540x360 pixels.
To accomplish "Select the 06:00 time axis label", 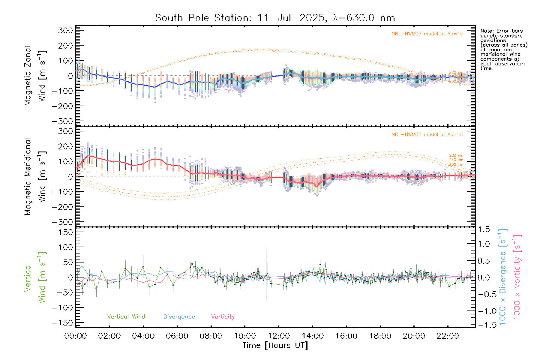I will point(177,336).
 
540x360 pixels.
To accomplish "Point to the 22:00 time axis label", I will point(448,336).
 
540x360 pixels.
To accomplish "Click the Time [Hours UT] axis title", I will point(275,346).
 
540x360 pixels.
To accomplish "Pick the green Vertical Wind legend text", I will point(126,317).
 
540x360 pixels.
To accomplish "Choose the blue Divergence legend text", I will point(179,317).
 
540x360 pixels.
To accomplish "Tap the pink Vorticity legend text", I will point(223,317).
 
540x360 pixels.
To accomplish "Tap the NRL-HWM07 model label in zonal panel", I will point(427,34).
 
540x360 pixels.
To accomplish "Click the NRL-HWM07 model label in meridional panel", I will point(427,135).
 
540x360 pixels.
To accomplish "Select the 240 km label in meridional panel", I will point(456,160).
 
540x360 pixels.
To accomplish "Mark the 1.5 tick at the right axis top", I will point(484,229).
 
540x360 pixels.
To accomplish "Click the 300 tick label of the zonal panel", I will point(65,30).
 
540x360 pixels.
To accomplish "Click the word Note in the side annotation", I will point(487,31).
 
